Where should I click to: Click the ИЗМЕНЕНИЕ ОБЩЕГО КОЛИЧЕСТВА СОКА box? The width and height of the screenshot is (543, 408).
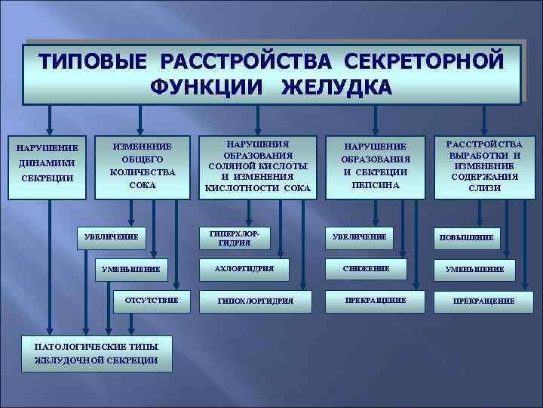tap(142, 165)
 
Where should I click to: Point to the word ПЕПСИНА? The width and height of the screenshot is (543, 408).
tap(376, 185)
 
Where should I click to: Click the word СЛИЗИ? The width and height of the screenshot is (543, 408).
tap(484, 188)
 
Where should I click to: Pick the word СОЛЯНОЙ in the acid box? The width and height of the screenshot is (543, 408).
tap(232, 165)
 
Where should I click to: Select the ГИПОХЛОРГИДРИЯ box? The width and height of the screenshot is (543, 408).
tap(255, 301)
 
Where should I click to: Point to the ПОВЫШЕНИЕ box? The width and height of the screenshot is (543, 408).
tap(468, 237)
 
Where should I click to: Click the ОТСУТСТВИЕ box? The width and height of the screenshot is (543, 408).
tap(152, 300)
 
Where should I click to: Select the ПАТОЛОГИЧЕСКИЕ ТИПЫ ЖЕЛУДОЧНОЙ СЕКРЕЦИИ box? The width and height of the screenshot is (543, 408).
tap(97, 353)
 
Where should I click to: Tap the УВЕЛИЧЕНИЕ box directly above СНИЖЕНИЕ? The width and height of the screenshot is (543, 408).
tap(360, 237)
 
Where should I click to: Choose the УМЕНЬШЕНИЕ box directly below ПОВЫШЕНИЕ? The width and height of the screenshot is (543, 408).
tap(474, 269)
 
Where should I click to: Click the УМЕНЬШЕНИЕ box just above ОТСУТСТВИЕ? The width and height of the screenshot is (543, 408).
tap(133, 269)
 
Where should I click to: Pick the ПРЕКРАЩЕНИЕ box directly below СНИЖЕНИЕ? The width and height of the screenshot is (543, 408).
tap(376, 300)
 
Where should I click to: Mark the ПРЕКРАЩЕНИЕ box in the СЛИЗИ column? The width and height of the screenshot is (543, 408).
tap(483, 301)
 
